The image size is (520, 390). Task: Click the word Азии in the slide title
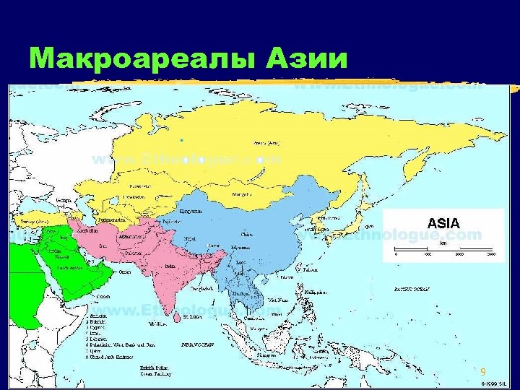pyautogui.click(x=308, y=58)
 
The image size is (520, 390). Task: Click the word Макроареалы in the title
pyautogui.click(x=137, y=58)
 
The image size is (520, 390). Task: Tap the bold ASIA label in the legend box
pyautogui.click(x=443, y=223)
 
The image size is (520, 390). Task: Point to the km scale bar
pyautogui.click(x=443, y=250)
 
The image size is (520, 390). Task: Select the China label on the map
pyautogui.click(x=247, y=235)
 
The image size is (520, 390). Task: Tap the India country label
pyautogui.click(x=170, y=266)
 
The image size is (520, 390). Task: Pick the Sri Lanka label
pyautogui.click(x=191, y=316)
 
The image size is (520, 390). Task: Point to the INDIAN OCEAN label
pyautogui.click(x=196, y=344)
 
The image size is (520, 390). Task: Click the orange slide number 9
pyautogui.click(x=483, y=371)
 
